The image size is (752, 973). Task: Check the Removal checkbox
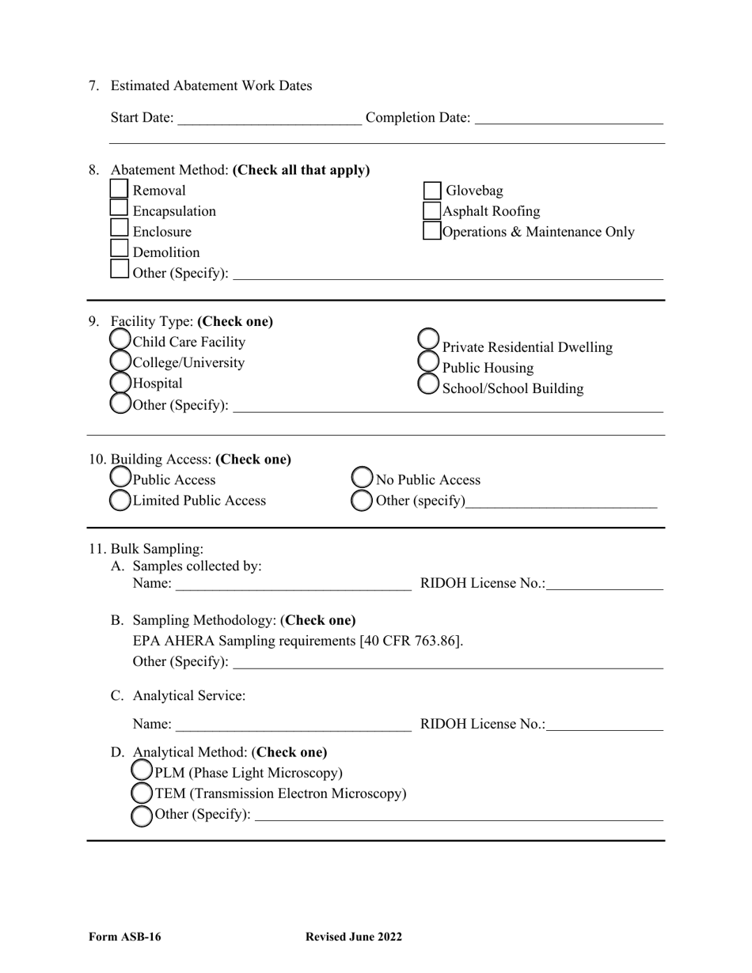(x=119, y=189)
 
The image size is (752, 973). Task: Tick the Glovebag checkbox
(x=432, y=191)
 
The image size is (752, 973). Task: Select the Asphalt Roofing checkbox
(x=432, y=211)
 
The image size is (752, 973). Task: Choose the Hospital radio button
(x=120, y=383)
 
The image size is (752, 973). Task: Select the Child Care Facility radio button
(x=120, y=340)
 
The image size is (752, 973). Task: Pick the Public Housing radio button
(x=428, y=362)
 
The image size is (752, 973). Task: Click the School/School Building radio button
(x=428, y=384)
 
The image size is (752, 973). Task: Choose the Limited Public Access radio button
(x=120, y=500)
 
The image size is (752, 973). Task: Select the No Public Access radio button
(x=362, y=478)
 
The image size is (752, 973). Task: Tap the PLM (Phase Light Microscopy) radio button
(x=142, y=770)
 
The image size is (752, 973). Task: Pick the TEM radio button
(x=142, y=792)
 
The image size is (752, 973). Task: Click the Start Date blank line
(x=270, y=119)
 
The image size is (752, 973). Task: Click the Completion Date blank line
(x=568, y=119)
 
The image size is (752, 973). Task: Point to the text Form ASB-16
(x=125, y=937)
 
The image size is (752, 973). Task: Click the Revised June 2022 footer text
(x=354, y=937)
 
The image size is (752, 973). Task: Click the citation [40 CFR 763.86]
(x=411, y=641)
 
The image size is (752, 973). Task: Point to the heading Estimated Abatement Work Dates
(x=211, y=86)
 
